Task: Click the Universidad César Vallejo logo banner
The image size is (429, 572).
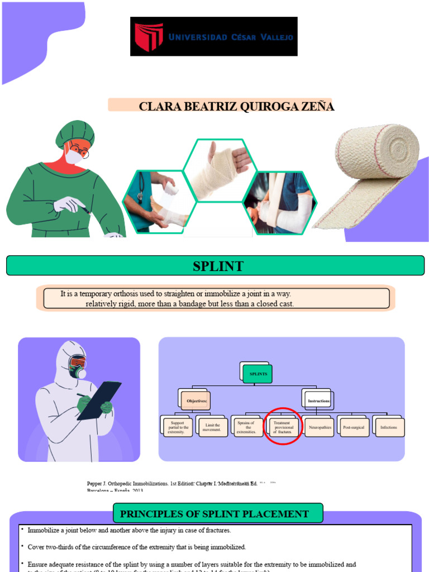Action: point(214,36)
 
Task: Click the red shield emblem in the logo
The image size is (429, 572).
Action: point(149,37)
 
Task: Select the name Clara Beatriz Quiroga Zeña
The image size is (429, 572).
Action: point(236,106)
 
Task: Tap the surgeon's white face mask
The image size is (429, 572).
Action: point(74,156)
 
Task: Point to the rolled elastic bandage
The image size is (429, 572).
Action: point(373,173)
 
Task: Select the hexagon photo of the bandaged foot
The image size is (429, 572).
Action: point(159,202)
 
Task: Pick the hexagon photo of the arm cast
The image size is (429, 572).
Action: point(280,203)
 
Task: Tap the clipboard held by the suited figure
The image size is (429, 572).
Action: point(99,400)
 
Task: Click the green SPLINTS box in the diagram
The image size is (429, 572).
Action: point(258,374)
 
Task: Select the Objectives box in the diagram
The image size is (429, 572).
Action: point(196,401)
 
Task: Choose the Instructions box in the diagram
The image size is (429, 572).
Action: point(319,401)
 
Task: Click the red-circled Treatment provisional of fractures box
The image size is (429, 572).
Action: point(283,427)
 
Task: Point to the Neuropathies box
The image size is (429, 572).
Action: point(320,427)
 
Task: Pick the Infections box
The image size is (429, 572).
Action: point(389,427)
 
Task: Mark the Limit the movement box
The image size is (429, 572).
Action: point(212,427)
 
